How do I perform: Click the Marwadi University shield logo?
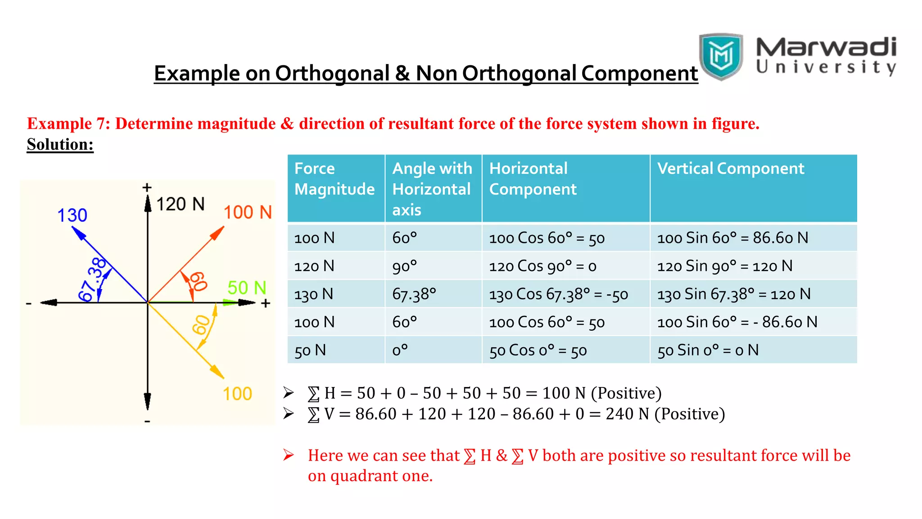pos(721,56)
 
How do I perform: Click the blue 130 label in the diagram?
pos(72,215)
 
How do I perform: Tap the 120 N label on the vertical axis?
pos(180,204)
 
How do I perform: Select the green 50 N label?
pos(247,287)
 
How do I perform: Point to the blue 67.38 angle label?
pos(93,279)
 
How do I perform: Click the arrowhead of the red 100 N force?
pos(218,232)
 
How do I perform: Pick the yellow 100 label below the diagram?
pos(237,394)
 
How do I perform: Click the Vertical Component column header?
pos(730,168)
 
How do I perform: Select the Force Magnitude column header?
pos(334,179)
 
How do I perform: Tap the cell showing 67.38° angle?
pos(414,294)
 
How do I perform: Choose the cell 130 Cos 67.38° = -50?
pos(558,294)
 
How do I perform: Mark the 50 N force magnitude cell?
pos(310,350)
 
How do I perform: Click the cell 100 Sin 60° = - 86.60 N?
pos(737,322)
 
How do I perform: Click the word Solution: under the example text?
pos(60,144)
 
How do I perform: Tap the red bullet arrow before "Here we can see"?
pos(288,455)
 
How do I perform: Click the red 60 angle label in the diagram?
pos(199,282)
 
